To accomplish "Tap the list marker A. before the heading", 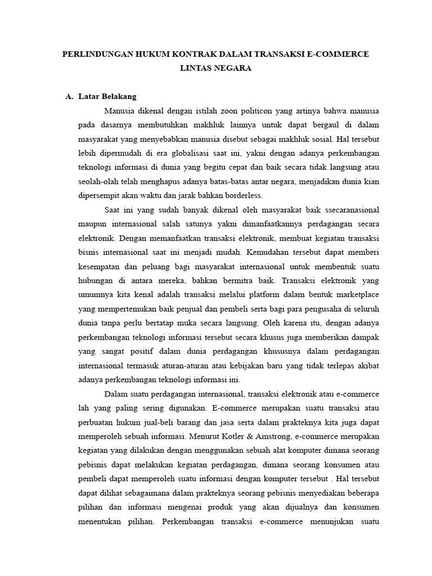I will coord(70,96).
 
